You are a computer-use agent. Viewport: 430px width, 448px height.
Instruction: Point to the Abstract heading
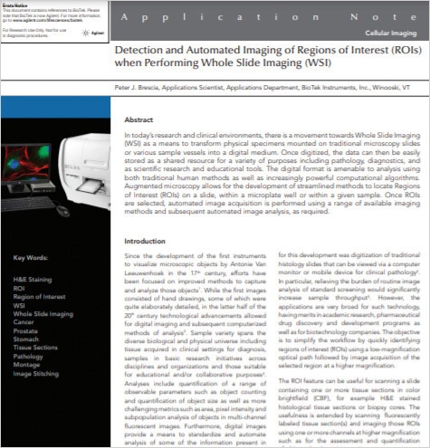pyautogui.click(x=139, y=118)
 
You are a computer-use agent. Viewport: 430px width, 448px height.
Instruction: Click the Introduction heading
pyautogui.click(x=145, y=242)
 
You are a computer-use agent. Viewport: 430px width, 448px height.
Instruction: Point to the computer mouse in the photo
pyautogui.click(x=63, y=212)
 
